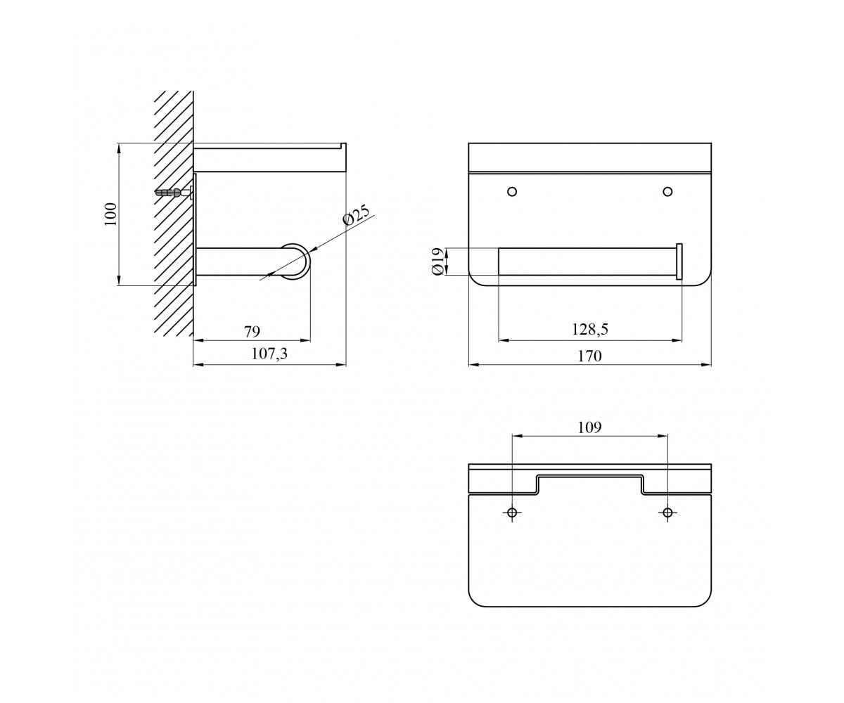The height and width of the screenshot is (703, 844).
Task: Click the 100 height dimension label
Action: pyautogui.click(x=110, y=214)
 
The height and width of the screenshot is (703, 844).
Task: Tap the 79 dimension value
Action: pyautogui.click(x=252, y=331)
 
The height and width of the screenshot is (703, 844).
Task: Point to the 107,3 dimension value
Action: pyautogui.click(x=269, y=354)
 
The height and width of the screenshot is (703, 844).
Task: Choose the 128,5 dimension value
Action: pyautogui.click(x=590, y=330)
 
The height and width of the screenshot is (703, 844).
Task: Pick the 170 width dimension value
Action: pyautogui.click(x=590, y=356)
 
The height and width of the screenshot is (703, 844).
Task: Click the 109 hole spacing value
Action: pyautogui.click(x=590, y=427)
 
